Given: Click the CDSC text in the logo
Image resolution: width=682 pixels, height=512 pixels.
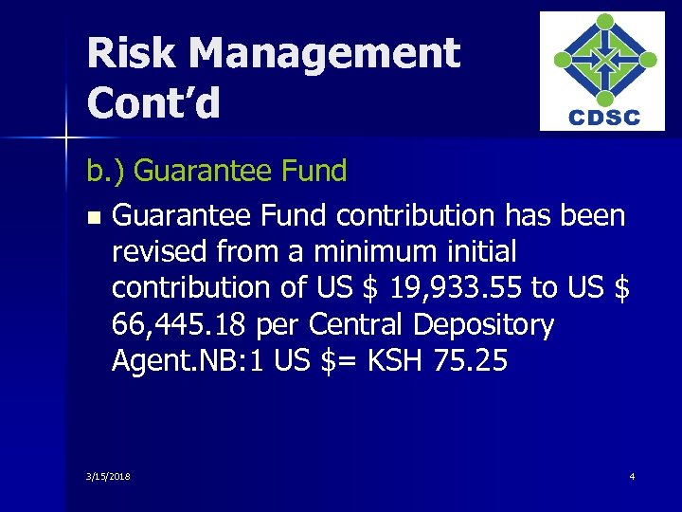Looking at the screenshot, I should point(603,118).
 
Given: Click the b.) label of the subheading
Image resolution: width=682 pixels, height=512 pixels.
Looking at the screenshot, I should point(106,171).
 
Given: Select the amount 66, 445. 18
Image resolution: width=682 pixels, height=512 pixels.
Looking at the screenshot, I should point(175,324).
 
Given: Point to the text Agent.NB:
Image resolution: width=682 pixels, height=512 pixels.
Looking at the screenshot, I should point(166,360).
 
